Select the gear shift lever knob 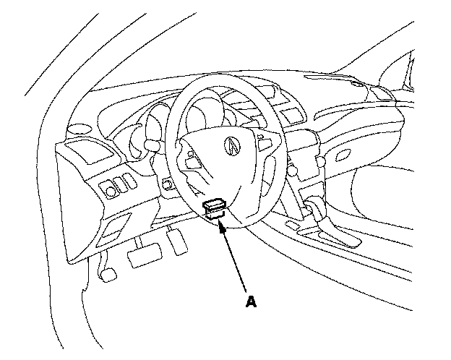[316, 210]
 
